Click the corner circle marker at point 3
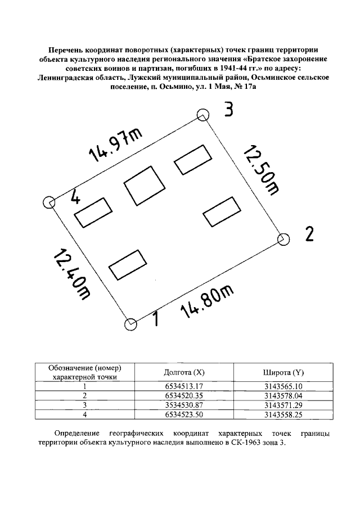tap(202, 115)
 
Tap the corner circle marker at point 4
tap(49, 202)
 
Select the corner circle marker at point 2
tap(283, 239)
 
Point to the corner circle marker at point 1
tap(130, 324)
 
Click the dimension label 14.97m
tap(115, 146)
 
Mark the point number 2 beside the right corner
tap(309, 233)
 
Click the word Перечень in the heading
tap(66, 49)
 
